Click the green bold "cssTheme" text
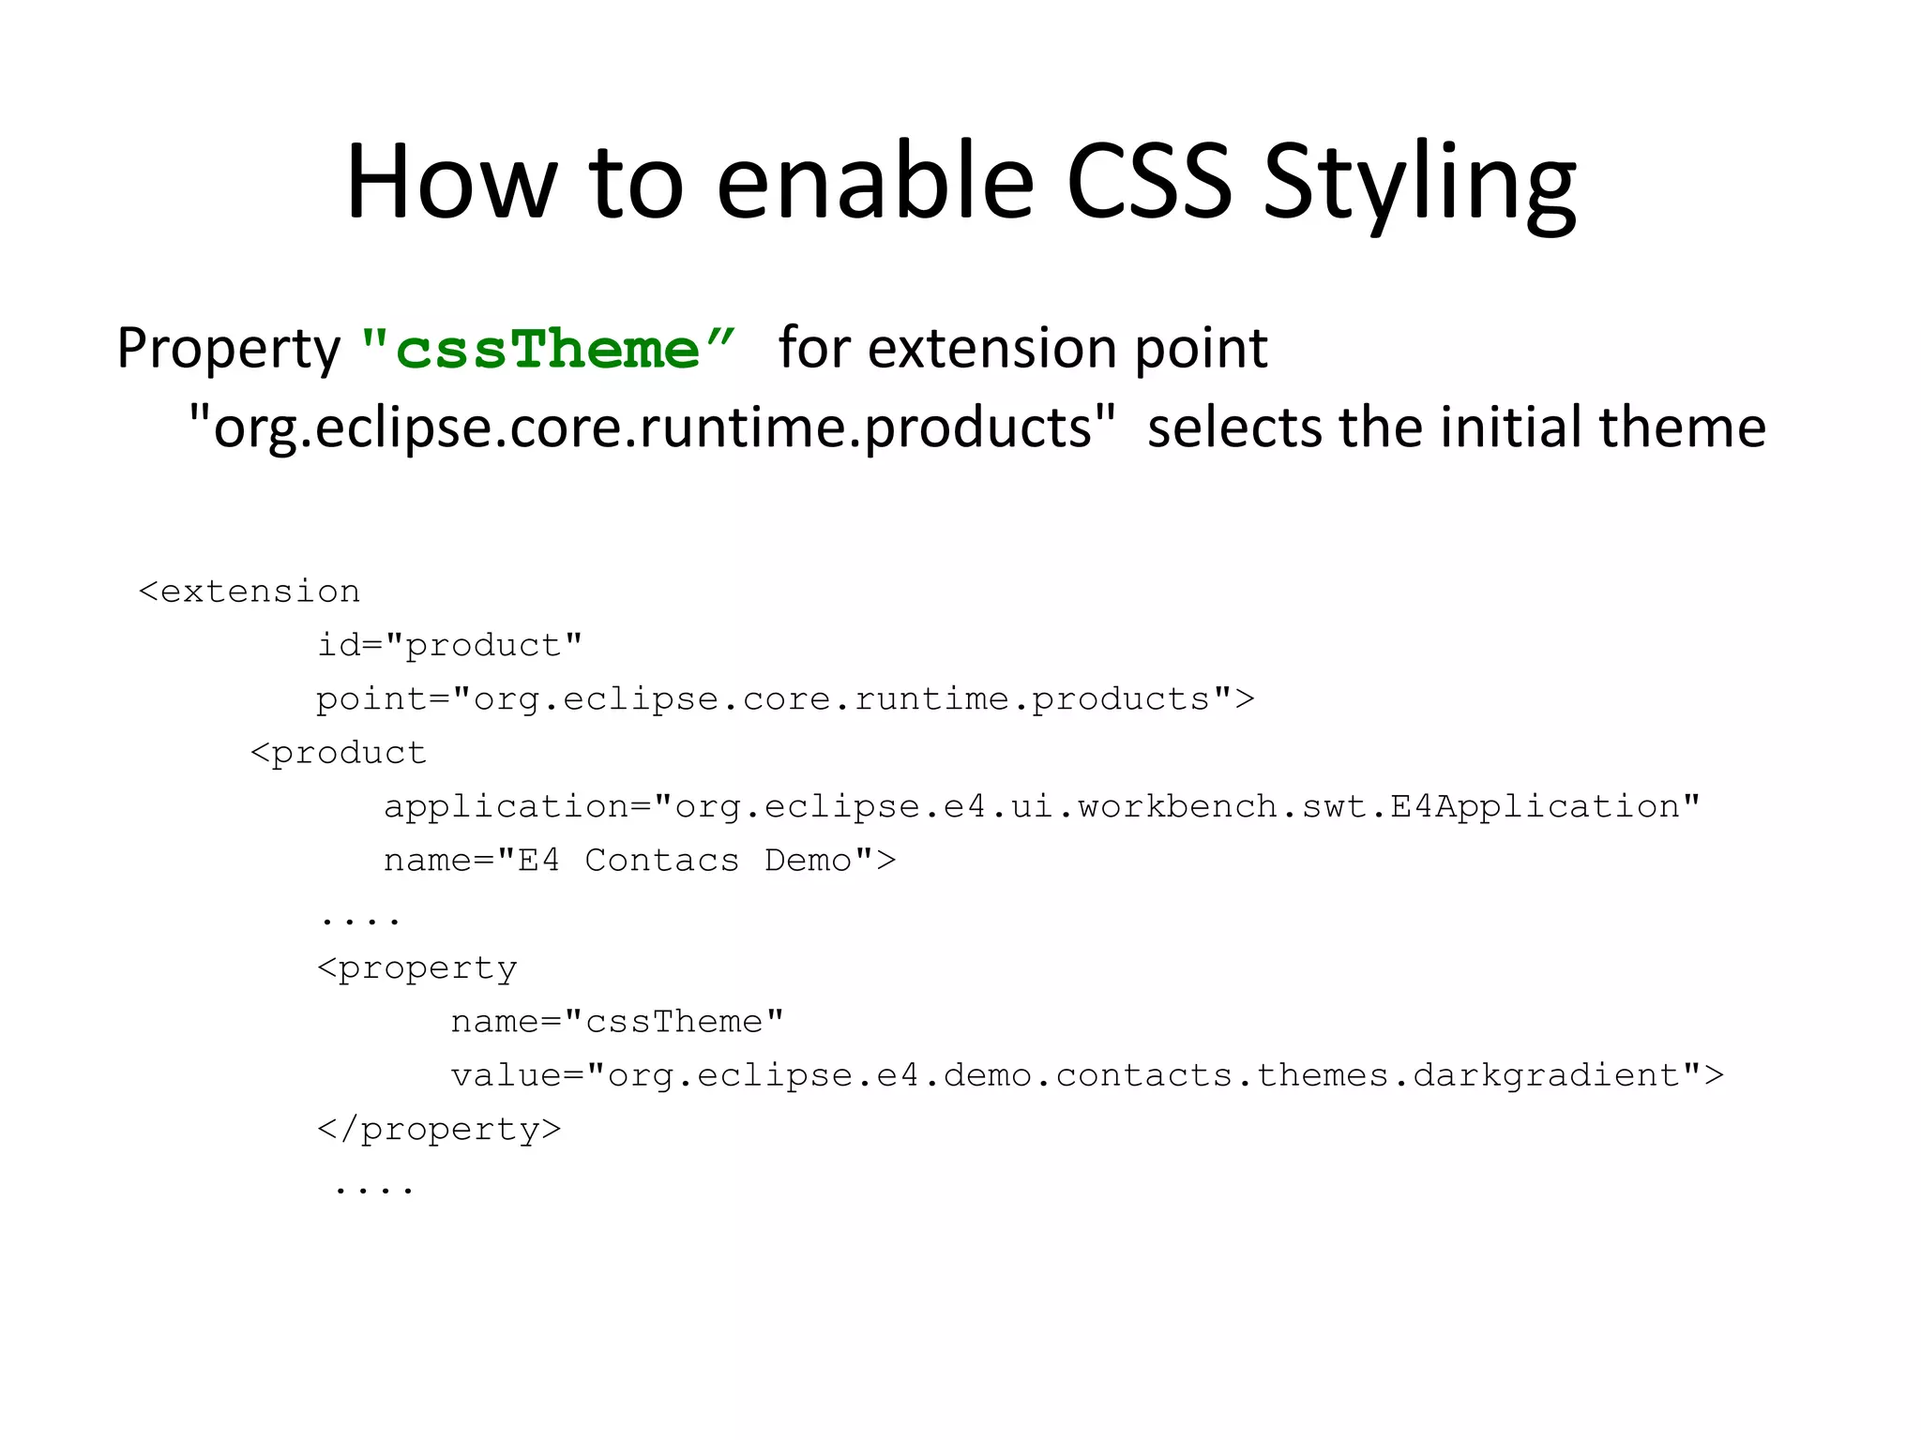(x=548, y=349)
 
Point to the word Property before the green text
(x=229, y=349)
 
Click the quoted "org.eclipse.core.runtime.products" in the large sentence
(x=653, y=427)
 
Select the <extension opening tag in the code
(x=250, y=592)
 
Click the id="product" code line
(x=449, y=645)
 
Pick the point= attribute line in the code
(x=784, y=699)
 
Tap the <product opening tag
(x=339, y=753)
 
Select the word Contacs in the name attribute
(x=661, y=861)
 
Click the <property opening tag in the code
(x=417, y=968)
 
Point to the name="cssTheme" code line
(x=616, y=1022)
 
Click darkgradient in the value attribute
(x=1548, y=1075)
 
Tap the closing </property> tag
(x=439, y=1130)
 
